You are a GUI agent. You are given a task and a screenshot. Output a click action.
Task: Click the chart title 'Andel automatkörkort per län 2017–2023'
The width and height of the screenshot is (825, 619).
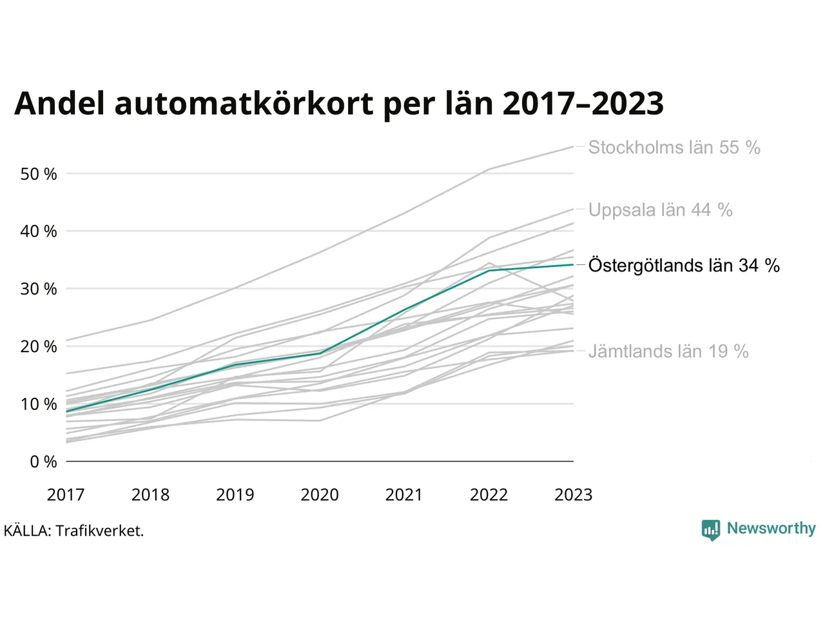coord(338,104)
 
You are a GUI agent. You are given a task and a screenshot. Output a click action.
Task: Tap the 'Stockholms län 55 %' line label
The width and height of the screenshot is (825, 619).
coord(674,147)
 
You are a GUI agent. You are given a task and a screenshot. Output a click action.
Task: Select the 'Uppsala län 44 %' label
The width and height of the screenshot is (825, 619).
coord(661,210)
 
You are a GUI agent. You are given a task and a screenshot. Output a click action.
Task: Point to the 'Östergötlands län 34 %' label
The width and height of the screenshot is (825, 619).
coord(684,265)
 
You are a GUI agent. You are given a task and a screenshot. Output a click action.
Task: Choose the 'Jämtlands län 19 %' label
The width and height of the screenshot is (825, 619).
coord(668,351)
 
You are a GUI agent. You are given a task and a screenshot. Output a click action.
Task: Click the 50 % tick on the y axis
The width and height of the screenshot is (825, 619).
coord(39,174)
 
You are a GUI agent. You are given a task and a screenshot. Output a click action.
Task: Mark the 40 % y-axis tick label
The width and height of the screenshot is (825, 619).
coord(39,231)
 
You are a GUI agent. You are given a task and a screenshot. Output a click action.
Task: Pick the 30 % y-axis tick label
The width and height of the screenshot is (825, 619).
coord(39,289)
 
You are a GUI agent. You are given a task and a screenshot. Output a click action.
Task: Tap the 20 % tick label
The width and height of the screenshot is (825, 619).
coord(39,346)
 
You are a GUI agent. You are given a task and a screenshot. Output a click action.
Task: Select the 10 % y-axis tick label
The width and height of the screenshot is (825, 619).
coord(39,404)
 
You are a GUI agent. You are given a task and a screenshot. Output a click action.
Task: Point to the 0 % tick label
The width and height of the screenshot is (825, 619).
coord(44,462)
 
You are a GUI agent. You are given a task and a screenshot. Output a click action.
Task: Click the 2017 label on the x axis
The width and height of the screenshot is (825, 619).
coord(66,495)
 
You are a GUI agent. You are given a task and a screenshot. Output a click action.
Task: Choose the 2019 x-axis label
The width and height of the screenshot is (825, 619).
coord(235,495)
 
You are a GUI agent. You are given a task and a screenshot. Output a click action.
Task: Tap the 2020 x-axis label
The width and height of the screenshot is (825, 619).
coord(320,495)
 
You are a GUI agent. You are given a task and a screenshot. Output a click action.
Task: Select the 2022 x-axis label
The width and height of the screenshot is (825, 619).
coord(489,495)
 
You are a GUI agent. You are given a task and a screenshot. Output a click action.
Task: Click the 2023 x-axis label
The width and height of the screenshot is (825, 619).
coord(573,495)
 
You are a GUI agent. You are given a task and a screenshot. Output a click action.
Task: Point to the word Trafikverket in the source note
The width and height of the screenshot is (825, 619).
coord(100,531)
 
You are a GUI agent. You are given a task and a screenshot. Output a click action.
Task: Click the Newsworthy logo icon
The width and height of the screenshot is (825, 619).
coord(711,530)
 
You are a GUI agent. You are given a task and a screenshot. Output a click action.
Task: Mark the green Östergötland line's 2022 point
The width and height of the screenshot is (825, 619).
coord(489,270)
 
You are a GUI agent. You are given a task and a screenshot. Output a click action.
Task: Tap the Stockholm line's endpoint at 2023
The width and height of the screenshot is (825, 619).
coord(573,146)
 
